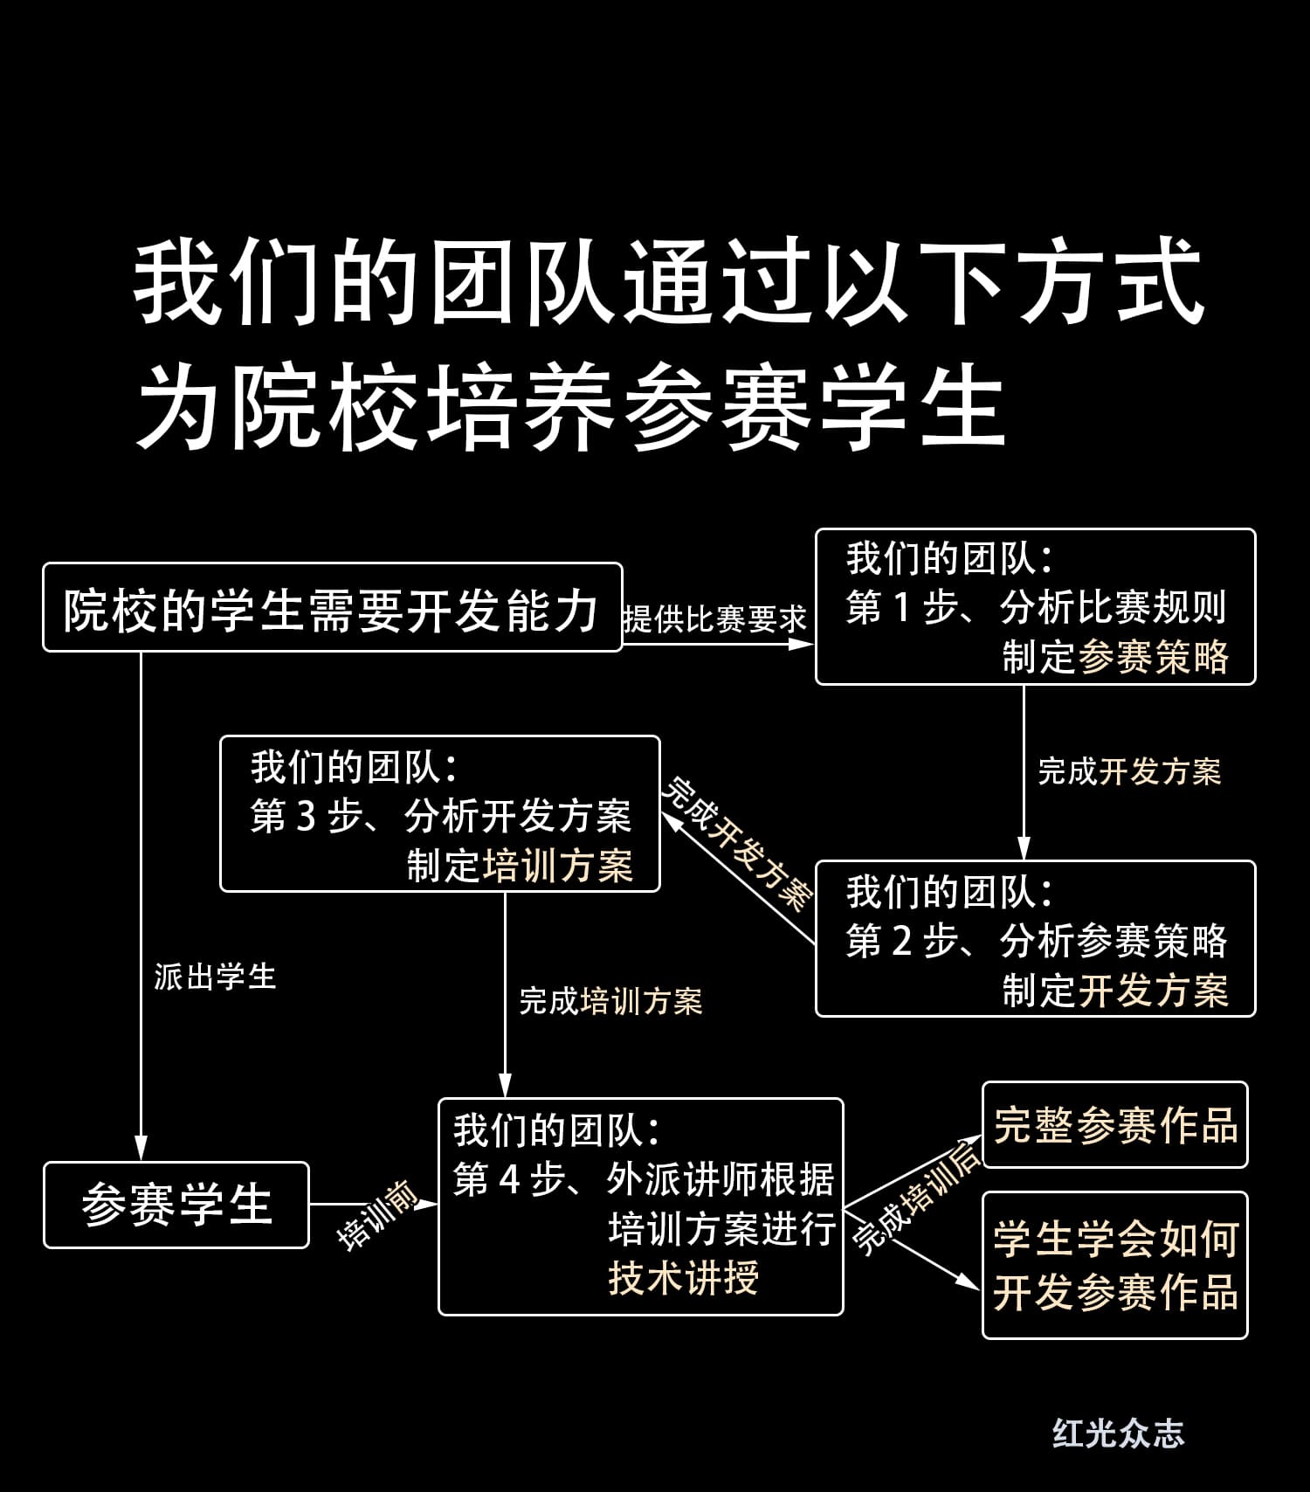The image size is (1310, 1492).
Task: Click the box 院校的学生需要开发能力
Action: tap(332, 608)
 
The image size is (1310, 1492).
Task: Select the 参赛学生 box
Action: tap(176, 1205)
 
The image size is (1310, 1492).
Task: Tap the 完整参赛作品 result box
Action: tap(1115, 1125)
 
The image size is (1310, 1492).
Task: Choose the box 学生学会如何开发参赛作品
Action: tap(1115, 1265)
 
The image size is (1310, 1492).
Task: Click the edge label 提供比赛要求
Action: tap(714, 619)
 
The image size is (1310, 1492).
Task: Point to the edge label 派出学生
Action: tap(215, 977)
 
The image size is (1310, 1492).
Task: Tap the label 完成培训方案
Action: tap(610, 1001)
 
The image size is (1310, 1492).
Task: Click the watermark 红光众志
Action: tap(1118, 1433)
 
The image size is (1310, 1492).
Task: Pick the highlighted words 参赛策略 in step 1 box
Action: tap(1154, 658)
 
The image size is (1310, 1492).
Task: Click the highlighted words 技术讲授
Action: tap(683, 1279)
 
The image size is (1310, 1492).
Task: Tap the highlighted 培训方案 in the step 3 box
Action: tap(558, 866)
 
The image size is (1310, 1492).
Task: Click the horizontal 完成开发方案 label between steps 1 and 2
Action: tap(1128, 771)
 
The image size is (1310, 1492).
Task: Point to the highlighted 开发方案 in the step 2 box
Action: tap(1154, 991)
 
